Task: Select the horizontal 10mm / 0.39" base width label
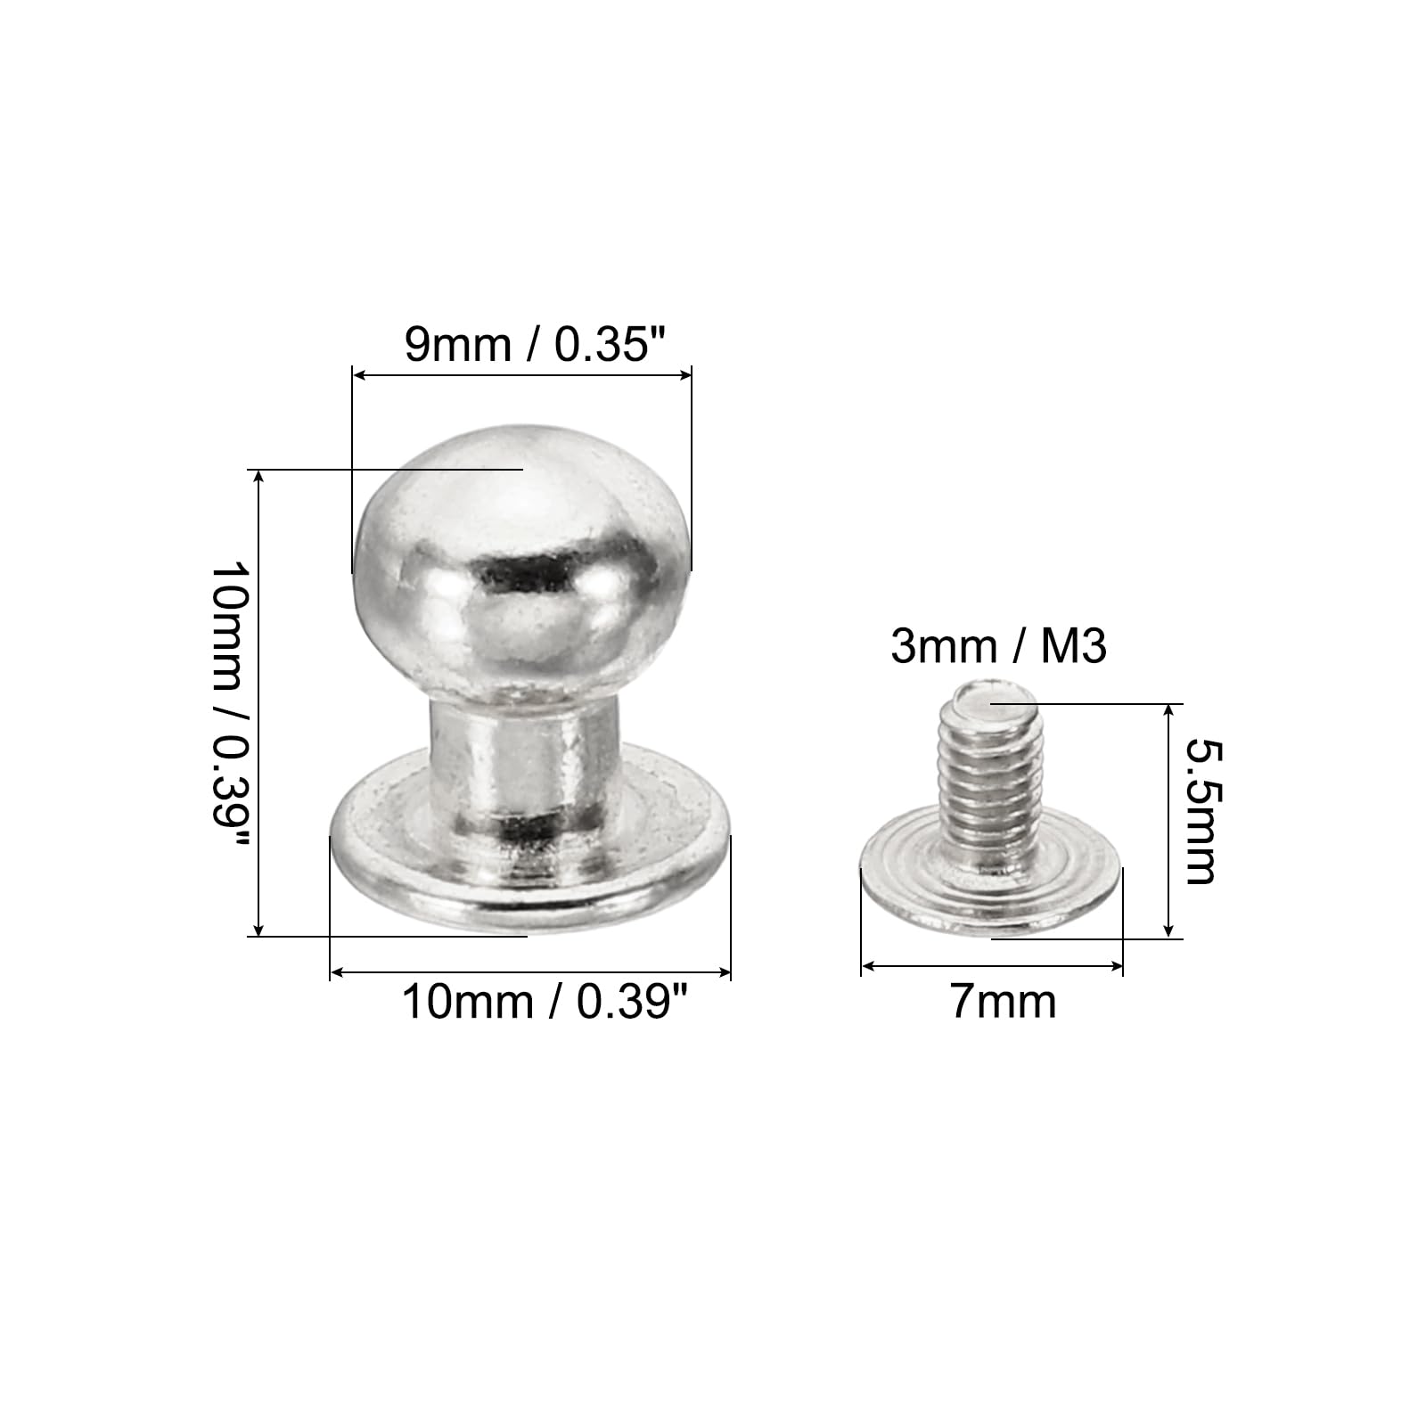tap(545, 1002)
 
